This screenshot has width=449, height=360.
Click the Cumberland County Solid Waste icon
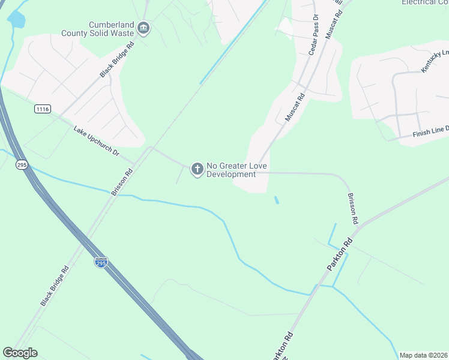143,27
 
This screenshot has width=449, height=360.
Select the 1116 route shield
43,109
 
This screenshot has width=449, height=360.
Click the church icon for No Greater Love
196,170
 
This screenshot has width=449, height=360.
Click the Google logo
20,353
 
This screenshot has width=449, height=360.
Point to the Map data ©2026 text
424,355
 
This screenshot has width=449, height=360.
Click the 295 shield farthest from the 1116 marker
101,262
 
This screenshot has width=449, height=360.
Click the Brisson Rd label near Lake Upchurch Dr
121,182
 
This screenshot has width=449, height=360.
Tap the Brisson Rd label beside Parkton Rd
352,208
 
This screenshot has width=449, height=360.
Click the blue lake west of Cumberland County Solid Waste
16,19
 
